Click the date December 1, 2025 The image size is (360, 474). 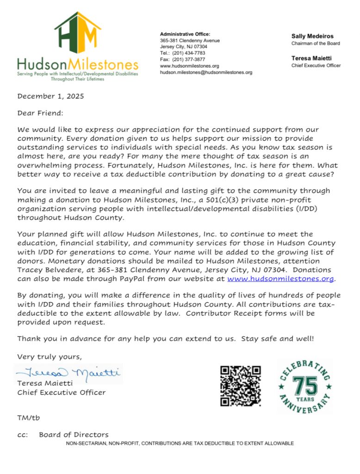click(x=51, y=97)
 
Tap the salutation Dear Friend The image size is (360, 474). click(x=40, y=113)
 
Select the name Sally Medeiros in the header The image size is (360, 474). click(x=312, y=36)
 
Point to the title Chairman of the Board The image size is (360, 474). click(x=316, y=44)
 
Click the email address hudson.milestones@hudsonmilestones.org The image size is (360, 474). click(x=206, y=73)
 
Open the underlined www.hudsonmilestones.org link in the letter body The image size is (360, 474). click(x=281, y=279)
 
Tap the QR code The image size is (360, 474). click(x=240, y=386)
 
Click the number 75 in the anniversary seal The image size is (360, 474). click(x=305, y=385)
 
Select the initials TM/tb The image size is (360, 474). click(x=29, y=418)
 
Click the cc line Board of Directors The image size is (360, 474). click(x=74, y=435)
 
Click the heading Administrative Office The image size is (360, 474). click(x=185, y=34)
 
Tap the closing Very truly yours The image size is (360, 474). click(x=49, y=356)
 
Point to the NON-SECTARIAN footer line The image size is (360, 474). click(x=180, y=443)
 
